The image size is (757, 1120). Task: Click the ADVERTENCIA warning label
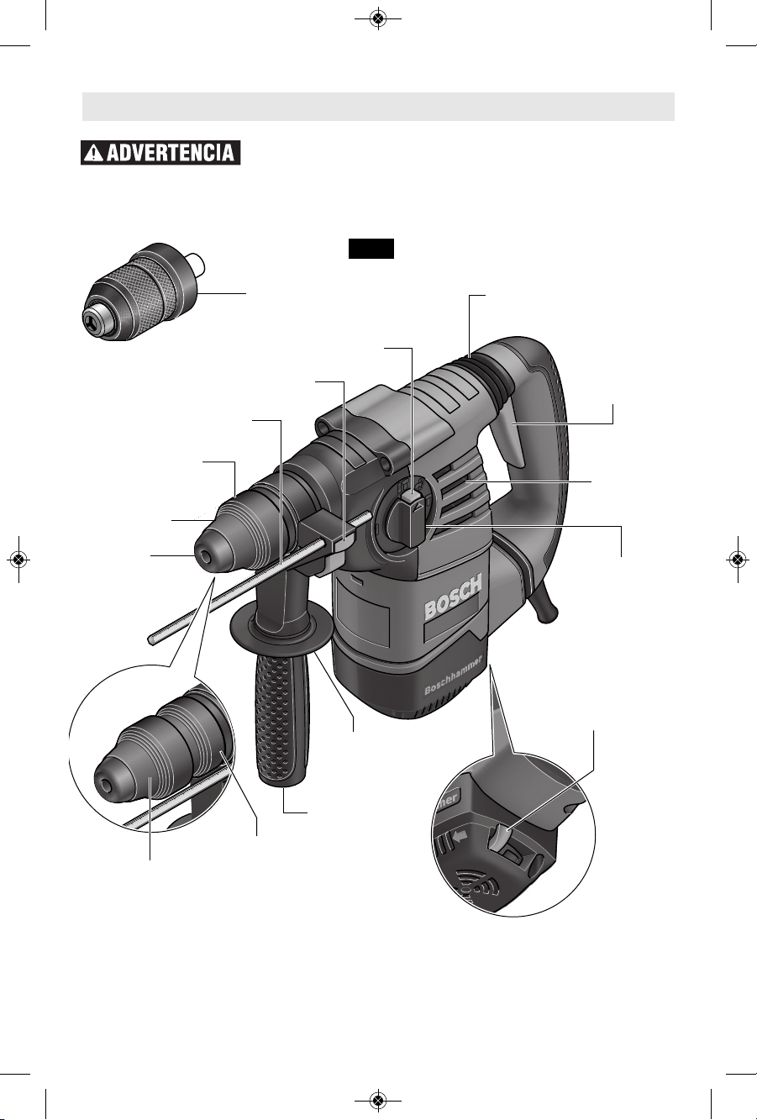pyautogui.click(x=160, y=153)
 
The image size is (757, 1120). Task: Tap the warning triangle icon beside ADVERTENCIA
pyautogui.click(x=93, y=153)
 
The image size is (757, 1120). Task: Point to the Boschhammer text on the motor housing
pyautogui.click(x=454, y=676)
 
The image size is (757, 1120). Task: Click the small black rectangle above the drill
pyautogui.click(x=371, y=249)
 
